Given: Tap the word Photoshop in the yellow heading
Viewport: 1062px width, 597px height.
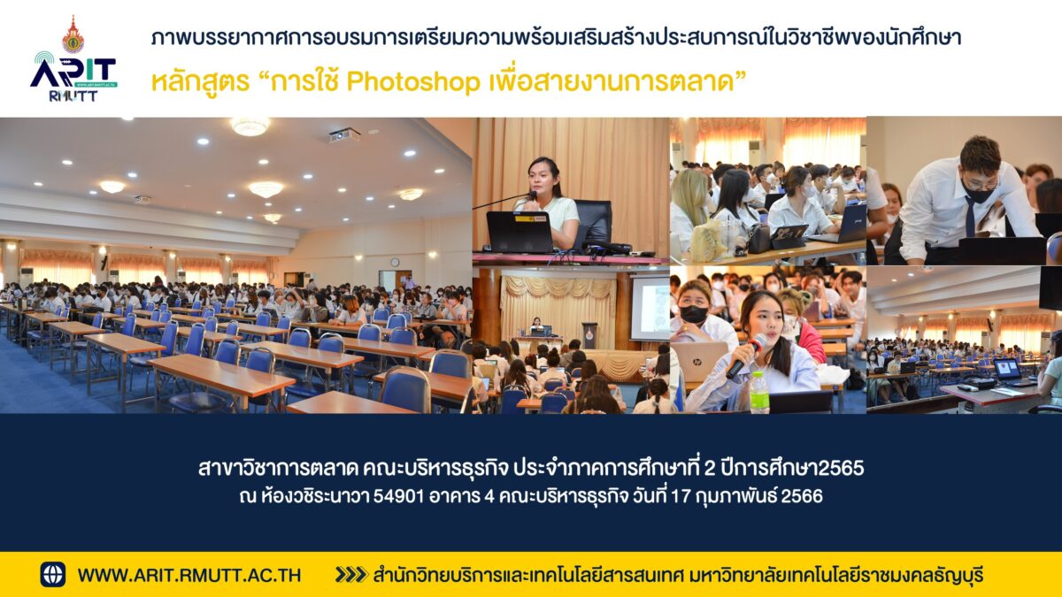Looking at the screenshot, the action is pos(413,82).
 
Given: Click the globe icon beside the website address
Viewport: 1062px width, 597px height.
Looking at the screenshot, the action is pos(52,574).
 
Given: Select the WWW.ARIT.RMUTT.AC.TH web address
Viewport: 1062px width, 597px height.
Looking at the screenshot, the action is pos(189,575).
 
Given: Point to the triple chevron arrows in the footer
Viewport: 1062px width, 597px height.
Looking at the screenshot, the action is pos(351,575).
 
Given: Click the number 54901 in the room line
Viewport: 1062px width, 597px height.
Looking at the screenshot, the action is pos(398,496).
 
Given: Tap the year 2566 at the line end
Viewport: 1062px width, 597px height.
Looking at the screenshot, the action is pos(801,496).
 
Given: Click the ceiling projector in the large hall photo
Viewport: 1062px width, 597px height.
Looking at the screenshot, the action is pos(344,135).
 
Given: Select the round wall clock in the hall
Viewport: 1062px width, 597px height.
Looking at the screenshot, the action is pos(395,262).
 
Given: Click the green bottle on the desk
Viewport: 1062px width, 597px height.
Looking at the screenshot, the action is pos(758,393).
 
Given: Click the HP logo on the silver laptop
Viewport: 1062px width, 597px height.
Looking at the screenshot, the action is pos(698,362).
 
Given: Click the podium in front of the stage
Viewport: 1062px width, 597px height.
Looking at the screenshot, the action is pos(589,335).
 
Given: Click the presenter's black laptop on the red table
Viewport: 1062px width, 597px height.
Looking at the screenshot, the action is pos(519,232).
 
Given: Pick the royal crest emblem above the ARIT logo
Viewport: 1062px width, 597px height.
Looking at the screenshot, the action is pos(73,34).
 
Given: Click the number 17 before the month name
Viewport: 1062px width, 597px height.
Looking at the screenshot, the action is pos(681,496).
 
